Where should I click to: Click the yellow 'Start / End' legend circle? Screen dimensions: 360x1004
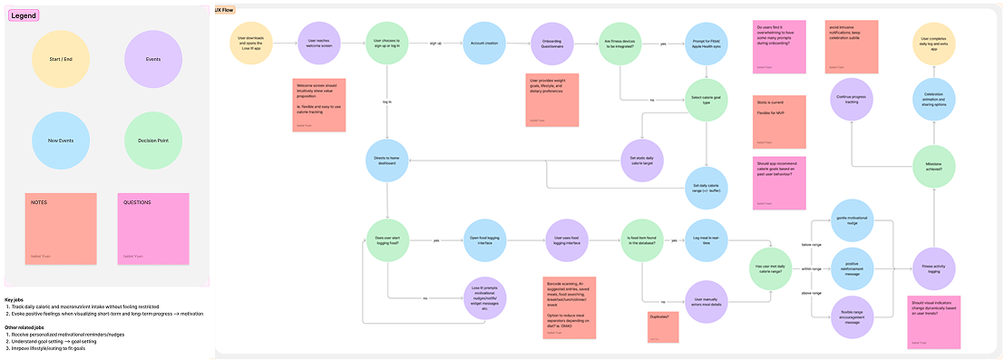pyautogui.click(x=61, y=60)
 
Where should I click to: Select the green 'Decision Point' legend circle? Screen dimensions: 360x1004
pyautogui.click(x=152, y=141)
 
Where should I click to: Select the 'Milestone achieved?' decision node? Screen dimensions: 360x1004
pyautogui.click(x=939, y=166)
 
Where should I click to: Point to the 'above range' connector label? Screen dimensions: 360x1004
pyautogui.click(x=811, y=293)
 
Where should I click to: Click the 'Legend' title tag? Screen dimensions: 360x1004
pyautogui.click(x=24, y=15)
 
